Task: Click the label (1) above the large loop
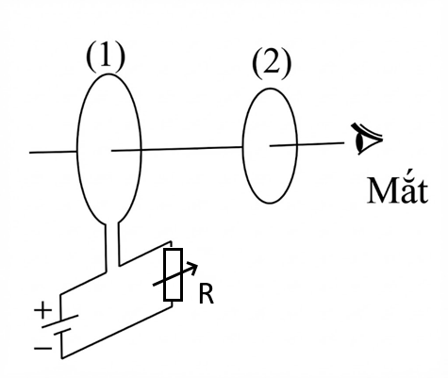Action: [x=106, y=56]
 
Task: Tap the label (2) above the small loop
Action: [x=272, y=63]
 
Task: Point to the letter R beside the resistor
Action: [x=207, y=295]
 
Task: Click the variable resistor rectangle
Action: [x=173, y=275]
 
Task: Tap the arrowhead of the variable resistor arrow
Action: [x=194, y=268]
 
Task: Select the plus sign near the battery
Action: [x=43, y=310]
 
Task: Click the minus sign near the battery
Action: [x=42, y=348]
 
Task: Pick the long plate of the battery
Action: [x=60, y=321]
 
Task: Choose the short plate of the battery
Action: [x=62, y=332]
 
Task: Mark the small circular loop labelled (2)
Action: [x=242, y=146]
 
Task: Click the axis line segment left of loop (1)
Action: [x=53, y=152]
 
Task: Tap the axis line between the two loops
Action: [x=177, y=149]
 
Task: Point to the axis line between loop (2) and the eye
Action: [x=307, y=144]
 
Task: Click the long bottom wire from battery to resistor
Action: [x=117, y=333]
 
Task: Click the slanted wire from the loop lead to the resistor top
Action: [x=144, y=254]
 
